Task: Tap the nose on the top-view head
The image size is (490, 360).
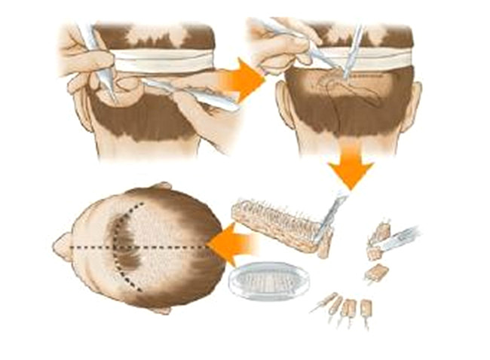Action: pyautogui.click(x=61, y=245)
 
